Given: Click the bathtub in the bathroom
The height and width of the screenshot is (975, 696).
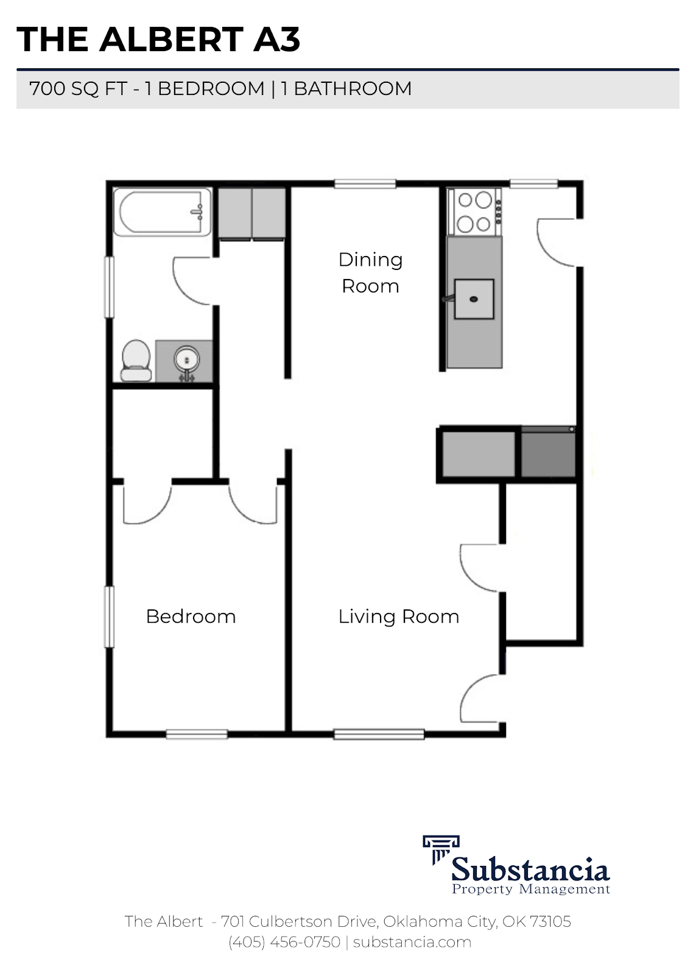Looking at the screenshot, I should click(x=161, y=213).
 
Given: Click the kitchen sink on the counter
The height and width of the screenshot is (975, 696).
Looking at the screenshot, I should click(x=474, y=299).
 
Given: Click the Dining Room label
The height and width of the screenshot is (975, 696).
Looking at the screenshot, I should click(x=370, y=272).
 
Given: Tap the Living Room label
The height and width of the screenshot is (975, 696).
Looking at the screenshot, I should click(x=398, y=616).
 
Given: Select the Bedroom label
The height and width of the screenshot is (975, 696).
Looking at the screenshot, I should click(x=191, y=616).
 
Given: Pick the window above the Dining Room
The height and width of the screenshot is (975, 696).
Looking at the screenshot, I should click(x=365, y=183).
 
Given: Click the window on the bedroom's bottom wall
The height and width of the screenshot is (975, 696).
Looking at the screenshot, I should click(x=197, y=734).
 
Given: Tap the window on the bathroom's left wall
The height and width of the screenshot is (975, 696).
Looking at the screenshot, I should click(x=110, y=286).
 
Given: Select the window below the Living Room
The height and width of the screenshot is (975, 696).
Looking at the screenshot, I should click(x=379, y=734).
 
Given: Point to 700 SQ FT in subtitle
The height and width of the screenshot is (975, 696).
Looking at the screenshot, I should click(x=78, y=88).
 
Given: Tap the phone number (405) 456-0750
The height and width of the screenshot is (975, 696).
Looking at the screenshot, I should click(x=284, y=941).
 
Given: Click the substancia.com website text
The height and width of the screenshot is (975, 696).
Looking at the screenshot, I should click(x=412, y=941).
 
